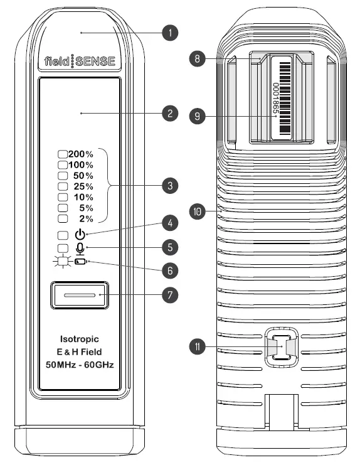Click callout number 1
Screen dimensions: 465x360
click(x=168, y=33)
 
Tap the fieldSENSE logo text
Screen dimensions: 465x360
click(x=81, y=61)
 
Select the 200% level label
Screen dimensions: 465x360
click(x=82, y=154)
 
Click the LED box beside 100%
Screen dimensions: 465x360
click(x=62, y=164)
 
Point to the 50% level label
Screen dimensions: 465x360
click(x=83, y=175)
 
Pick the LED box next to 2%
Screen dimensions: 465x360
click(x=62, y=218)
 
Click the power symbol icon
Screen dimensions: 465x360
click(x=80, y=234)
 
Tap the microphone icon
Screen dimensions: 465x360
click(x=80, y=248)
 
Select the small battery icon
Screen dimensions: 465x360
click(x=82, y=262)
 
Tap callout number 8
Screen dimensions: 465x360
click(x=198, y=58)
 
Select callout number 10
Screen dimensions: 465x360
click(x=198, y=212)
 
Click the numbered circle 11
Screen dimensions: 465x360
click(x=198, y=346)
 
